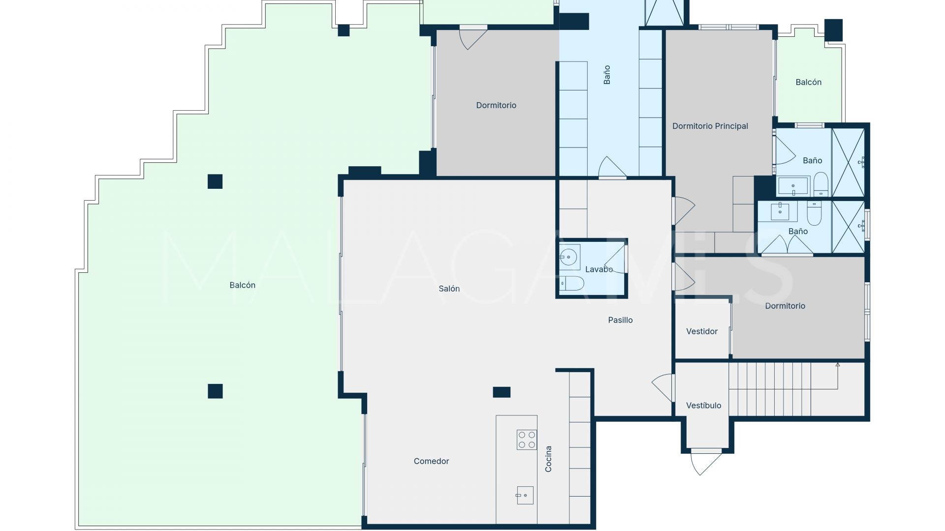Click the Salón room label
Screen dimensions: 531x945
point(449,289)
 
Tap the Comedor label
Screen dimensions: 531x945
point(431,461)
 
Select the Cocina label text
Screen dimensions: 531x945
point(548,459)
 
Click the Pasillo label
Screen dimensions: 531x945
point(620,320)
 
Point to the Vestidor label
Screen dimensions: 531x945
point(702,331)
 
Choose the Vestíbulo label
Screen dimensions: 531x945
point(703,406)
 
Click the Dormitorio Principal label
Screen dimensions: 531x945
point(710,126)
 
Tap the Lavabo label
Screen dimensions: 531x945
point(599,269)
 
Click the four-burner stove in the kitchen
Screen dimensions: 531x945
point(526,440)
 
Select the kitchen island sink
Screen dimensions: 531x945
point(525,495)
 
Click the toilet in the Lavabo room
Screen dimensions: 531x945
point(572,283)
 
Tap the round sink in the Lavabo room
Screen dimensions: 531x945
point(569,256)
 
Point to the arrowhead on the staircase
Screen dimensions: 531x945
point(837,365)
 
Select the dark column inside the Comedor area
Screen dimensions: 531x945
point(502,392)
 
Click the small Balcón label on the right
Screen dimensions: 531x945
point(808,82)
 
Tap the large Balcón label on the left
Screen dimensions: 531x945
point(242,285)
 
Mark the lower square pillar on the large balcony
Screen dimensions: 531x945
point(215,391)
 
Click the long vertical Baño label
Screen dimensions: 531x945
point(607,75)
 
